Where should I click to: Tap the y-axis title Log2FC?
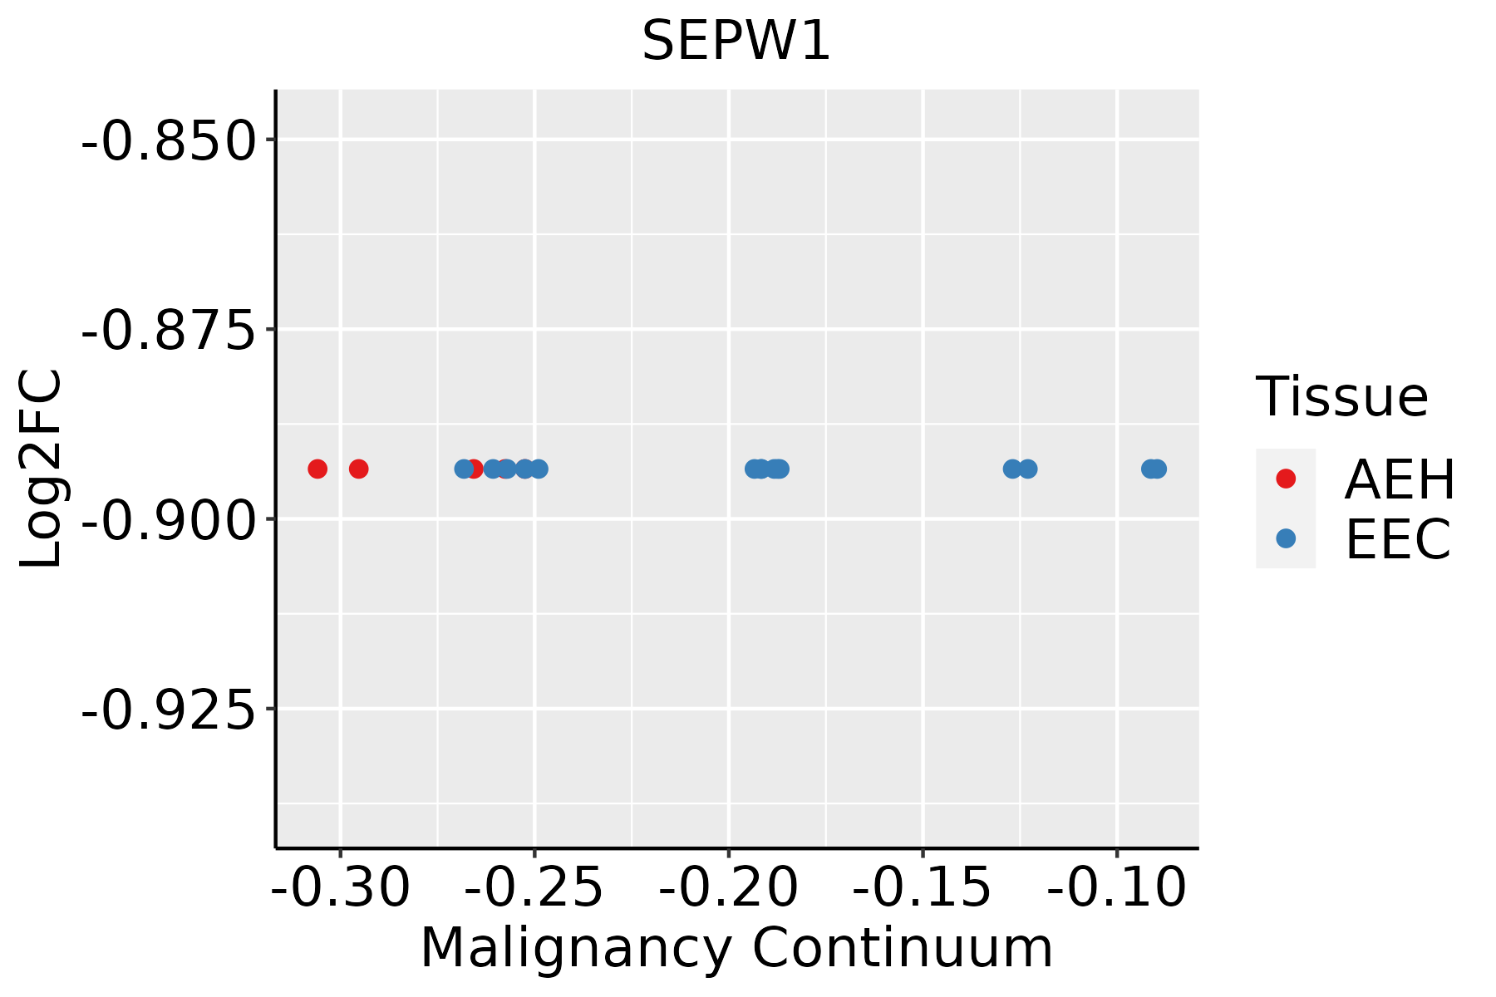pos(42,469)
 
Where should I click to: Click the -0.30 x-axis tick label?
pos(341,887)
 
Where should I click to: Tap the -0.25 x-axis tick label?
pos(534,887)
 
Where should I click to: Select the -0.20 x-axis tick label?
pos(729,887)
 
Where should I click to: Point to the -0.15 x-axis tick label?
pos(923,887)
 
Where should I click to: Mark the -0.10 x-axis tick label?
pos(1117,887)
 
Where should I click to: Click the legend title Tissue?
pos(1341,397)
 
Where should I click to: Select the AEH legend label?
pos(1400,479)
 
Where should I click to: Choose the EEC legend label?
pos(1398,539)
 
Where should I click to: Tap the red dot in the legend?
pos(1286,479)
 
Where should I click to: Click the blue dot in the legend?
pos(1286,538)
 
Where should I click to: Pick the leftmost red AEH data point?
pos(317,469)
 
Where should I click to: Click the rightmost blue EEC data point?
pos(1158,469)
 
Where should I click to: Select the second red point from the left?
pos(358,469)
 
